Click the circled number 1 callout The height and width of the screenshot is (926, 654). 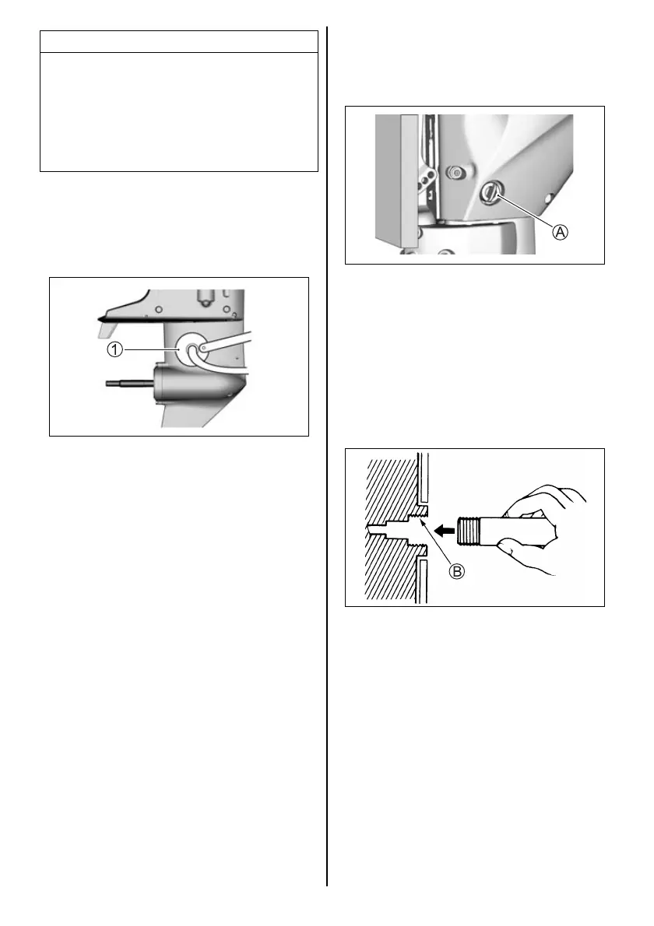pyautogui.click(x=114, y=350)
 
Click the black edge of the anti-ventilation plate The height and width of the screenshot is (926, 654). pyautogui.click(x=156, y=319)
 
